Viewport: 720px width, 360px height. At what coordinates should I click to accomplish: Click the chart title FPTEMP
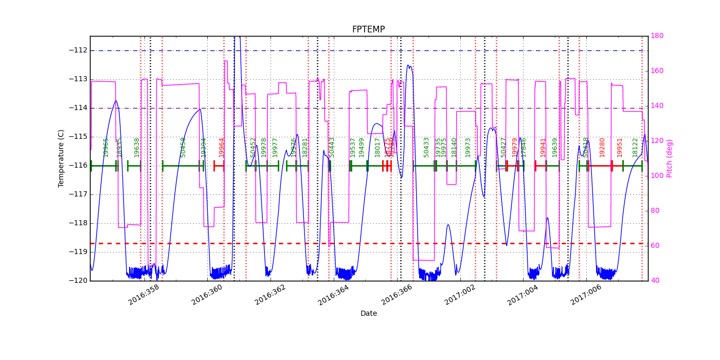(x=368, y=30)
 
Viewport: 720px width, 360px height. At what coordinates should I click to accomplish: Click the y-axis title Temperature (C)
(x=61, y=158)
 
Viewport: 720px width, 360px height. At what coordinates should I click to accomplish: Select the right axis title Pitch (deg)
(x=670, y=158)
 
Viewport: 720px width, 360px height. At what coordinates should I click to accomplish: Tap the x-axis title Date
(x=368, y=313)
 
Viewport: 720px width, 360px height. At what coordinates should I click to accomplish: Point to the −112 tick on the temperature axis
(x=78, y=50)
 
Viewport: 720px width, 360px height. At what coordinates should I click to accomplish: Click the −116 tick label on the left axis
(x=78, y=166)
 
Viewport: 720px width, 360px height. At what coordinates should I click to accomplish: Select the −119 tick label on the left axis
(x=78, y=252)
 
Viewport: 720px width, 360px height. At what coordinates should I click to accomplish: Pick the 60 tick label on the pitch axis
(x=656, y=246)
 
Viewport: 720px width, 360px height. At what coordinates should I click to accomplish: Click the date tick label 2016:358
(x=144, y=295)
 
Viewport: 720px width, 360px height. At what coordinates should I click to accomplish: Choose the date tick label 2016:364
(x=334, y=295)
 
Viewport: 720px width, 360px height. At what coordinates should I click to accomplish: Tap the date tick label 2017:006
(x=586, y=295)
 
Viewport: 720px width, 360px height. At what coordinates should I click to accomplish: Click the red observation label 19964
(x=222, y=147)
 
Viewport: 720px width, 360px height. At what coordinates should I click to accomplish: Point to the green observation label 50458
(x=183, y=147)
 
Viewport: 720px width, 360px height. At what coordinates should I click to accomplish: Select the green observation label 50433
(x=426, y=147)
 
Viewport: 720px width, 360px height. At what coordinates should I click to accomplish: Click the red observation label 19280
(x=602, y=147)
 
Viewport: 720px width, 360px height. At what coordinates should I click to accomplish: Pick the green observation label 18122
(x=635, y=147)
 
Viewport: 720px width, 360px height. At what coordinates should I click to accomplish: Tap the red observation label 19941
(x=543, y=147)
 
